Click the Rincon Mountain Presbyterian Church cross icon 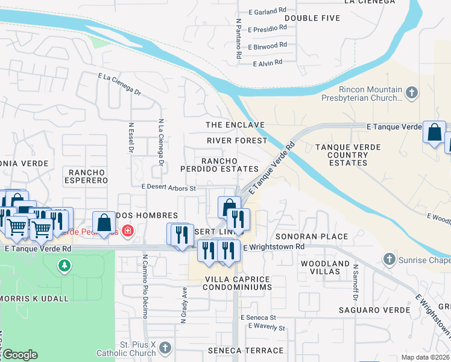click(412, 92)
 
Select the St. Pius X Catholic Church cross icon click(165, 348)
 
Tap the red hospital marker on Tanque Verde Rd click(127, 230)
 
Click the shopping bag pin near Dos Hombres click(104, 221)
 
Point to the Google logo click(19, 355)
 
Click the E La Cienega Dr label click(119, 84)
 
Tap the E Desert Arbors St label click(169, 188)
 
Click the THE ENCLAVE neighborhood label click(235, 125)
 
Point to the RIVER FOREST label click(236, 141)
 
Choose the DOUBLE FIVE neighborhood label click(312, 18)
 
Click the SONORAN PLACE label click(312, 237)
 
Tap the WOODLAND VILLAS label click(325, 268)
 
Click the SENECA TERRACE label click(245, 351)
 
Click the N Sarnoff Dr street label click(356, 282)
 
